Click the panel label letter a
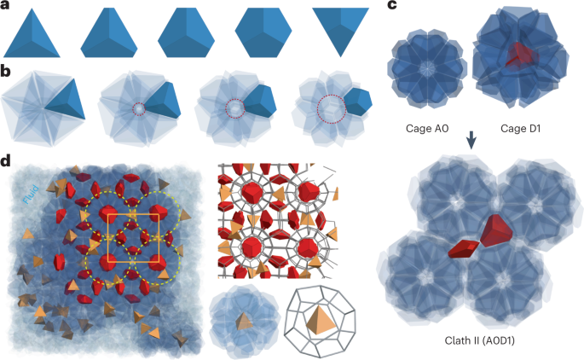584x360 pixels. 6,7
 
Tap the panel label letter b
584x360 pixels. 6,66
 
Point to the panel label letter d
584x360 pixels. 6,160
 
